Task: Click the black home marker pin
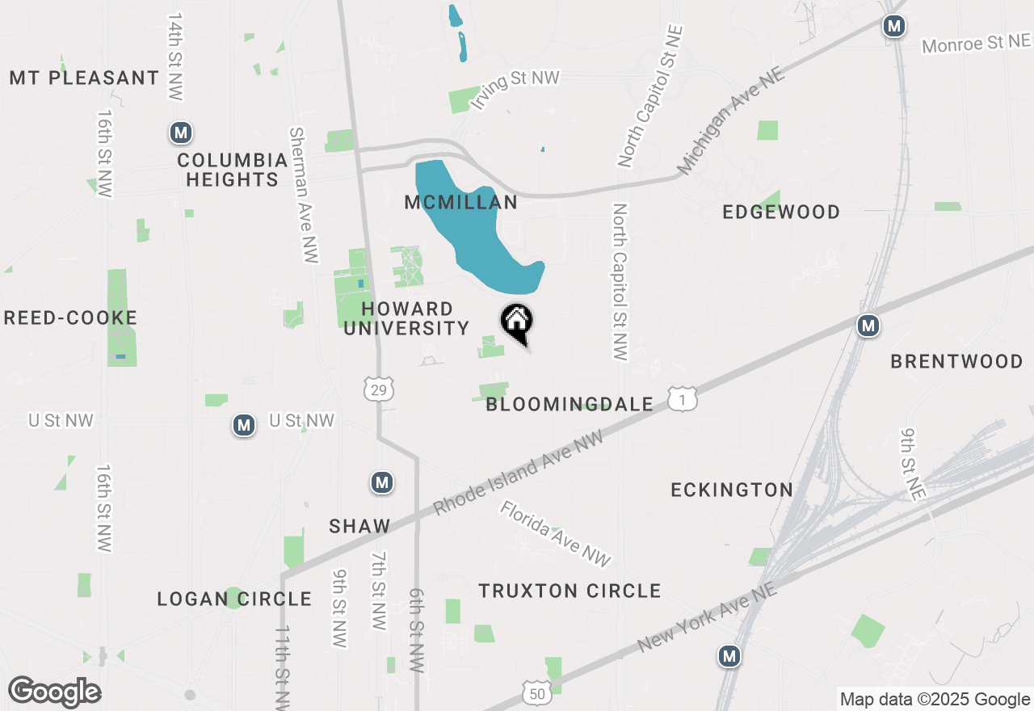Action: pyautogui.click(x=517, y=322)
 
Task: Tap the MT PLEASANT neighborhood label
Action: pyautogui.click(x=85, y=78)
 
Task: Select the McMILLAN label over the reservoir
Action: pyautogui.click(x=460, y=202)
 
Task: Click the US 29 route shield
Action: pyautogui.click(x=379, y=389)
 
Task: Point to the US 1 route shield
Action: pyautogui.click(x=683, y=398)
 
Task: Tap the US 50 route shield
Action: pyautogui.click(x=537, y=693)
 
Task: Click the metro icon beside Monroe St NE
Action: pyautogui.click(x=893, y=26)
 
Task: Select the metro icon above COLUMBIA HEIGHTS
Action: pyautogui.click(x=181, y=132)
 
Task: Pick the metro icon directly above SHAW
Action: pyautogui.click(x=382, y=483)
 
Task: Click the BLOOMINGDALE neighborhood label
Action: pyautogui.click(x=570, y=404)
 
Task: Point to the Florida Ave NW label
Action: pyautogui.click(x=555, y=533)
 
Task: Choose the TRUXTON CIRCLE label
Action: pyautogui.click(x=570, y=591)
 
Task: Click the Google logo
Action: pyautogui.click(x=55, y=692)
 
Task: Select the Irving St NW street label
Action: pyautogui.click(x=515, y=89)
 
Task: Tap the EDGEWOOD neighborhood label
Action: pyautogui.click(x=781, y=212)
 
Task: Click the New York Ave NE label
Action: pyautogui.click(x=708, y=618)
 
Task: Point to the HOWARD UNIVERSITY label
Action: pyautogui.click(x=407, y=318)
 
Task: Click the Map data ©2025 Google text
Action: pyautogui.click(x=935, y=700)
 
